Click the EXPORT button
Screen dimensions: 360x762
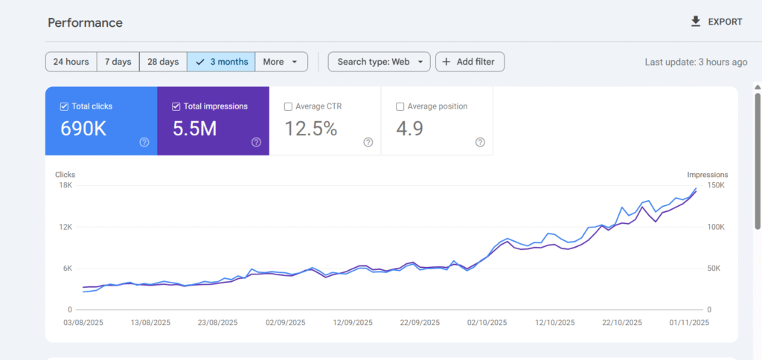coord(717,22)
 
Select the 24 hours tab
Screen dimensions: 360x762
coord(71,62)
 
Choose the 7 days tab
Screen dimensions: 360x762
coord(118,62)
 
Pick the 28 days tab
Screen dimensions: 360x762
coord(163,62)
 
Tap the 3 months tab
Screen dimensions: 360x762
coord(222,62)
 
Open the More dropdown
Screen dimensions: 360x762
coord(281,62)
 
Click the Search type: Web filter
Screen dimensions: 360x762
coord(379,62)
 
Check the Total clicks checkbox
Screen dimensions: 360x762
coord(64,106)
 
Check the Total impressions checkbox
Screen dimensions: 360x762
coord(176,106)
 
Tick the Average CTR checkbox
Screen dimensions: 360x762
coord(288,106)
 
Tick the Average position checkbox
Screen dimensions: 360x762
coord(400,106)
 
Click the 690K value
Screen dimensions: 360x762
coord(83,129)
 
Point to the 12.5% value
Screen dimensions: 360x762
coord(311,129)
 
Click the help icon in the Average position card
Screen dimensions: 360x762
coord(480,142)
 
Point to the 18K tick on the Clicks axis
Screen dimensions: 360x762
coord(65,185)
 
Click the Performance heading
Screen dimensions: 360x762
coord(86,22)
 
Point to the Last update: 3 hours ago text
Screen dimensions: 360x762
coord(696,62)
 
